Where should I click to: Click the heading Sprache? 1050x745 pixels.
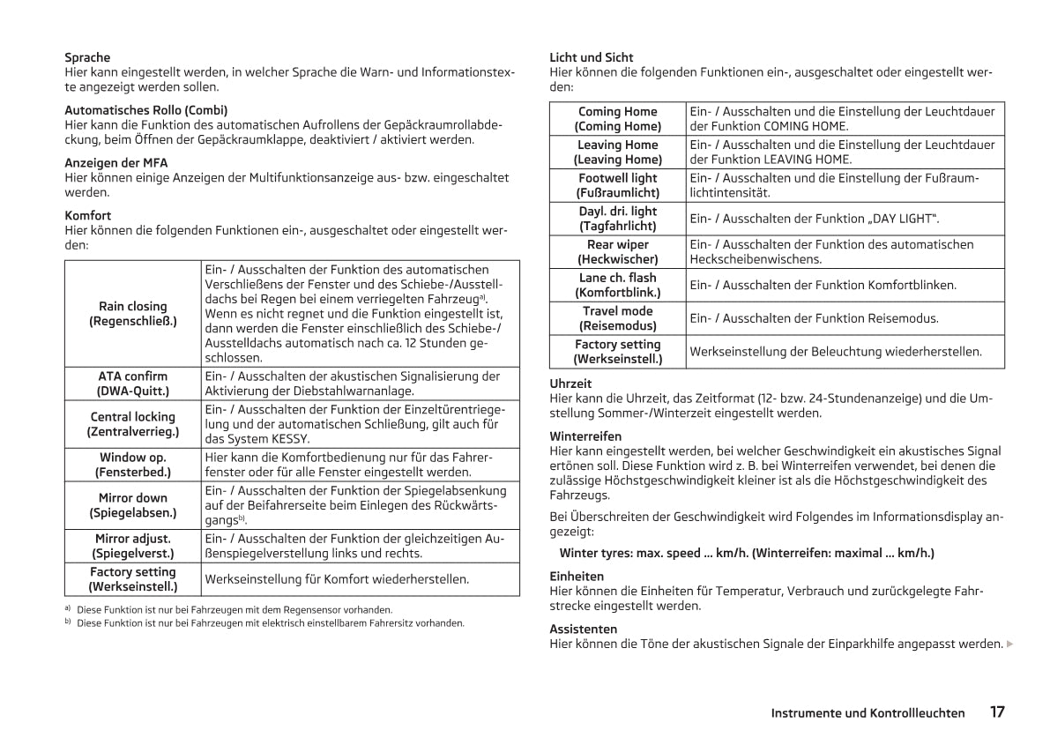[87, 57]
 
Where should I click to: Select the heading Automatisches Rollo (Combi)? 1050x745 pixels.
[145, 110]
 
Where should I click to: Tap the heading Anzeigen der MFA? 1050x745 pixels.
[115, 163]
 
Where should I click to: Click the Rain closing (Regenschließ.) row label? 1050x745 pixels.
[133, 314]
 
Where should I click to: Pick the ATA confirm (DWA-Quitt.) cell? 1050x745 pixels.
[133, 384]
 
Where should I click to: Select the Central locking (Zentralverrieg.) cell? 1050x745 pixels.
[133, 424]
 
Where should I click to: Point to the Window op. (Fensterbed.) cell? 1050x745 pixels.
[133, 465]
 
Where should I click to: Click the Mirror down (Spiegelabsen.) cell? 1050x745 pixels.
[133, 505]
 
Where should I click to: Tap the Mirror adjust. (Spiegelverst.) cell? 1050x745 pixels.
[133, 546]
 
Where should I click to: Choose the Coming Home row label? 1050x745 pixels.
[617, 119]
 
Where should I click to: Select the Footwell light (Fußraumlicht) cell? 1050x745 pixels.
[617, 185]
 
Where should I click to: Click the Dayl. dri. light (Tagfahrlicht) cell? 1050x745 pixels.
[617, 219]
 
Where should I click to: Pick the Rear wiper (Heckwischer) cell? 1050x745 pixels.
[617, 252]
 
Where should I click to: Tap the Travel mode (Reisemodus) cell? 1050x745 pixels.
[617, 318]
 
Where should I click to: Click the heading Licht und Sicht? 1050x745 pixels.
[591, 57]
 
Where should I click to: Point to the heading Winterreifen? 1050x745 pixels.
[585, 436]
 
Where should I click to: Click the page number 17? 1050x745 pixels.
[997, 712]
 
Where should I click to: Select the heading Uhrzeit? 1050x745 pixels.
[570, 384]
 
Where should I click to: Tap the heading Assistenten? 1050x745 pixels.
[583, 630]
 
